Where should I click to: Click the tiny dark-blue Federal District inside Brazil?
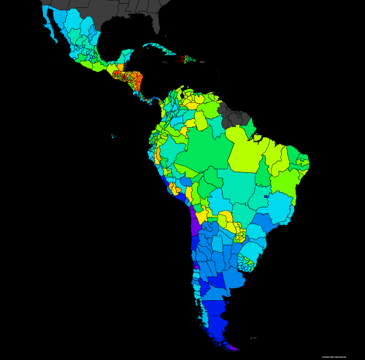point(266,196)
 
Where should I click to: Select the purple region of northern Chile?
point(195,223)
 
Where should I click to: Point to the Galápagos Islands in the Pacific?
point(112,136)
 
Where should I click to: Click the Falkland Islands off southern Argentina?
point(253,338)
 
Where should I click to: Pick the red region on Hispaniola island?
point(182,58)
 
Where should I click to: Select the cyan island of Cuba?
point(157,49)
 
